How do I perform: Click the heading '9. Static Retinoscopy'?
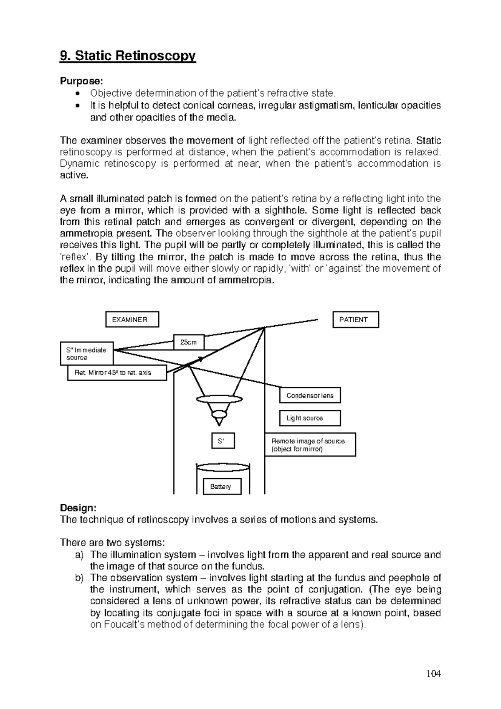click(x=128, y=56)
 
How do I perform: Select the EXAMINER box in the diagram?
click(x=132, y=320)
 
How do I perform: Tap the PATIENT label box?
click(x=355, y=320)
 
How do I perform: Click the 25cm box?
click(x=189, y=342)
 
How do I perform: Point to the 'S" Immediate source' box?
click(x=86, y=354)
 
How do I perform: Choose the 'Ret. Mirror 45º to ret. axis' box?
click(x=117, y=372)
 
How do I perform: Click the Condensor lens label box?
click(x=310, y=395)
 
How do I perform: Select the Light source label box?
click(x=310, y=418)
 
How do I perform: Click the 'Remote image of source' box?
click(x=310, y=445)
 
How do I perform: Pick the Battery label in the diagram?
click(x=220, y=487)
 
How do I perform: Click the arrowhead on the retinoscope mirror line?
click(x=201, y=359)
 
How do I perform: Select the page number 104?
click(x=434, y=673)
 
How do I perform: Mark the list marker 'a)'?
click(x=79, y=555)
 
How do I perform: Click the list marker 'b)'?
click(x=79, y=578)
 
